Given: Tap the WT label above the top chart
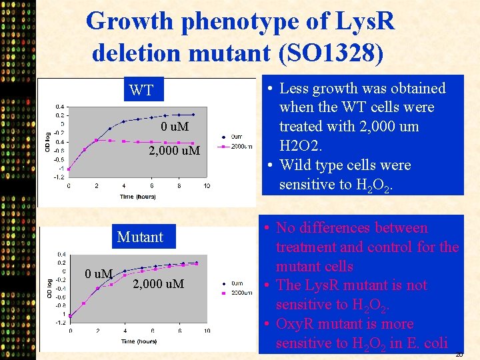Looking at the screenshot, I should tap(141, 91).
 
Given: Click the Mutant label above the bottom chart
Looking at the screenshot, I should tap(140, 237).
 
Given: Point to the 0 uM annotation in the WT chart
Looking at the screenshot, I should tap(175, 127).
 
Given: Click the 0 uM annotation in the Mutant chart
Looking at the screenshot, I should tap(99, 273).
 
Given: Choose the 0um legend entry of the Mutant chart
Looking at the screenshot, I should tap(237, 284).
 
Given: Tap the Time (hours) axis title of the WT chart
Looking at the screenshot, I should tap(138, 197).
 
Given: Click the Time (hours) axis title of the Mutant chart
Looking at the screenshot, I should tap(139, 341).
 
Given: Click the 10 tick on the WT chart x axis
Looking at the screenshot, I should tap(207, 186).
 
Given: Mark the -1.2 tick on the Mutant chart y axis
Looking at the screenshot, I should tap(60, 323).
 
